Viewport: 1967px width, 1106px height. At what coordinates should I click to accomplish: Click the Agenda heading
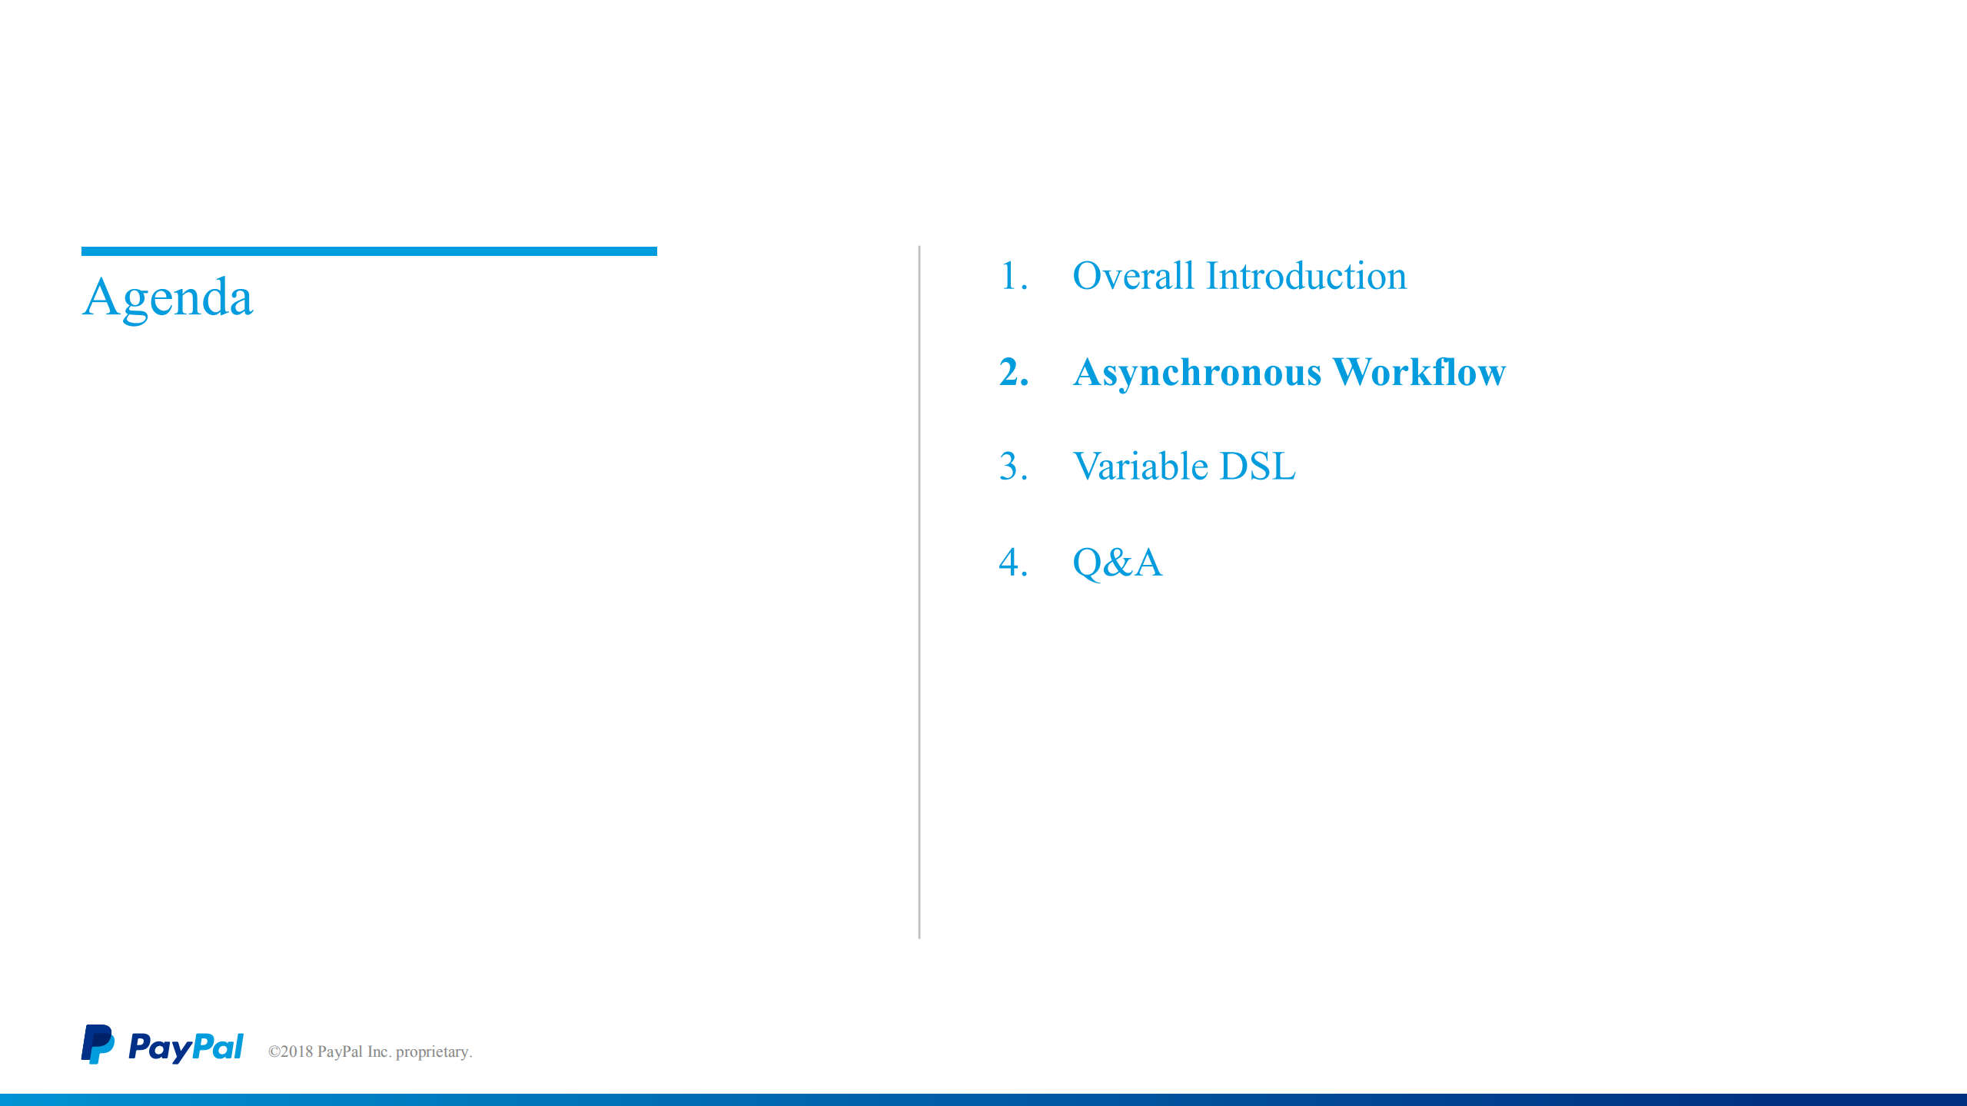(167, 297)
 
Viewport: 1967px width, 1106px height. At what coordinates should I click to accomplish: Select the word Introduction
(1306, 276)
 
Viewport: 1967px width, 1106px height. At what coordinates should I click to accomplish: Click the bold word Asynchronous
(1197, 373)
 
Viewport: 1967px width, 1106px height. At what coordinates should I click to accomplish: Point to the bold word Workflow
(1419, 372)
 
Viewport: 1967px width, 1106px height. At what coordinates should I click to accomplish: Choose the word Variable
(1140, 467)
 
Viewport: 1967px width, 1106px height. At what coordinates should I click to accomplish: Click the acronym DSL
(1258, 467)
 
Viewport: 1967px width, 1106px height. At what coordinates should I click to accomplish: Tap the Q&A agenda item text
(1117, 563)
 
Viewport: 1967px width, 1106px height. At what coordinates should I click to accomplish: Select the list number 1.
(1010, 276)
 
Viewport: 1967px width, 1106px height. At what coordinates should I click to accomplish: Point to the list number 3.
(1010, 467)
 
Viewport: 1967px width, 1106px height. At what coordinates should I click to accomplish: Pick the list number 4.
(1010, 563)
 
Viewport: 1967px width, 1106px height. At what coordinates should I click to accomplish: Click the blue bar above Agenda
(369, 251)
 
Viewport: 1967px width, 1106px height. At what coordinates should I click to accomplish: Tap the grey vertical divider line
(919, 592)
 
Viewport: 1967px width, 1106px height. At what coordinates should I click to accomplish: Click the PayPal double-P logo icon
(98, 1045)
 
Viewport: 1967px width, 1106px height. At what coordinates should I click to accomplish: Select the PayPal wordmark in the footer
(185, 1047)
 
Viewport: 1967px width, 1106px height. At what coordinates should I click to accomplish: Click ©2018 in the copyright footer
(291, 1051)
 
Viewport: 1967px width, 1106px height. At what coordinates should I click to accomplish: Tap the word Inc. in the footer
(378, 1051)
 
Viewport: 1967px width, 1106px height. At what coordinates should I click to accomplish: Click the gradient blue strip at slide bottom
(983, 1100)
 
